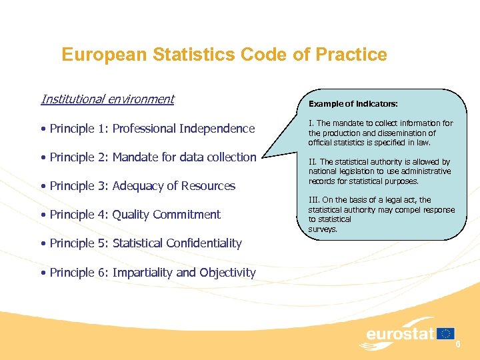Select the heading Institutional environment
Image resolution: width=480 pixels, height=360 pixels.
point(107,99)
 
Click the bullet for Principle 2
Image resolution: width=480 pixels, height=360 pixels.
point(43,158)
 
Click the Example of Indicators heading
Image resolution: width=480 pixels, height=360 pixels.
point(353,104)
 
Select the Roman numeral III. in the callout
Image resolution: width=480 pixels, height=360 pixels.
point(313,200)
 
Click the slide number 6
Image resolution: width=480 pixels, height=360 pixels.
point(458,343)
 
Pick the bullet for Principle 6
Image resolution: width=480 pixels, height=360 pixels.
point(43,273)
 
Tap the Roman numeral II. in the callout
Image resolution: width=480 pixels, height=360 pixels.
point(313,162)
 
